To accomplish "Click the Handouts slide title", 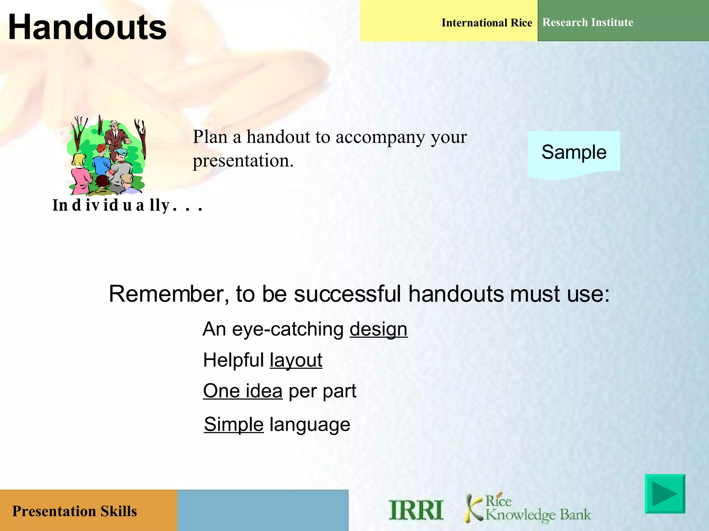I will (87, 28).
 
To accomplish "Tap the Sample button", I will (574, 152).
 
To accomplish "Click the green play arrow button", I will (665, 494).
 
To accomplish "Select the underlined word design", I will (378, 329).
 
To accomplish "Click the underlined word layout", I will (296, 361).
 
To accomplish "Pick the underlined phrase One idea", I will (243, 391).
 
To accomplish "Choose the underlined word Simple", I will (234, 425).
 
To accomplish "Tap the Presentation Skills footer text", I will (74, 511).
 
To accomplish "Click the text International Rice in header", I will (486, 23).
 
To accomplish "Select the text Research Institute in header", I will (587, 22).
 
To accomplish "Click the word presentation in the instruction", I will (243, 161).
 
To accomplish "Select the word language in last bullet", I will (310, 425).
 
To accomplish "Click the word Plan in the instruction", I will (210, 137).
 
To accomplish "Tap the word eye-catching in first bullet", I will (288, 329).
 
